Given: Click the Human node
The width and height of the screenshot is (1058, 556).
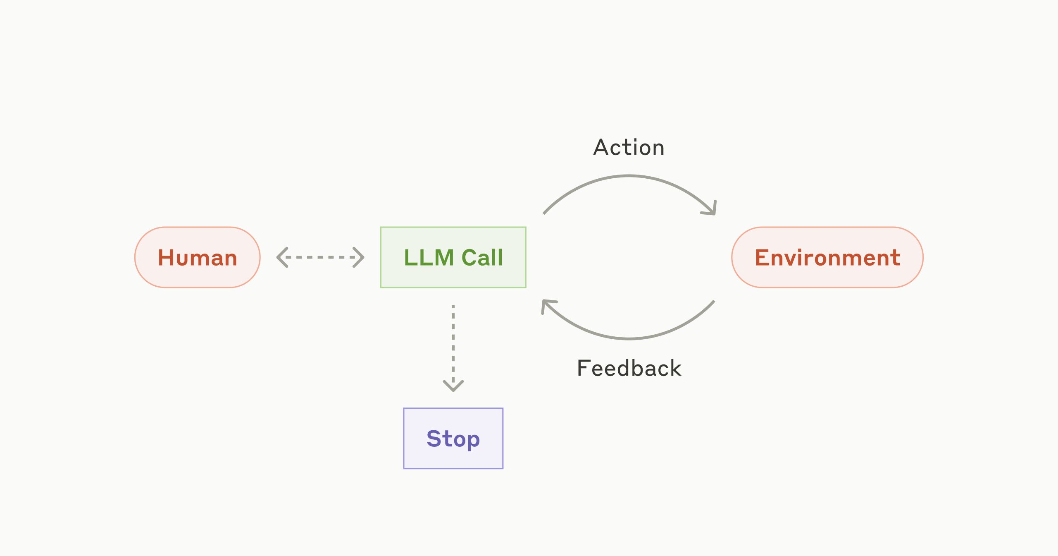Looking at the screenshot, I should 197,257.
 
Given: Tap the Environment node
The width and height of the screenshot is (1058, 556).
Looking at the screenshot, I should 827,257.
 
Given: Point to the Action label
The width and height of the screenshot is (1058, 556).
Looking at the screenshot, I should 629,148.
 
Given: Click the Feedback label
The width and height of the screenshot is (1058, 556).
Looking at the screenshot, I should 629,368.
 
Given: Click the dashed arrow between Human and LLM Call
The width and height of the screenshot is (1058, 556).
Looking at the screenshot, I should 320,257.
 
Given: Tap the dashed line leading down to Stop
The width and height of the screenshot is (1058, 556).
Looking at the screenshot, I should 453,343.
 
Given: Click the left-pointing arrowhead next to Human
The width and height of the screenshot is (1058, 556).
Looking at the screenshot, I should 282,257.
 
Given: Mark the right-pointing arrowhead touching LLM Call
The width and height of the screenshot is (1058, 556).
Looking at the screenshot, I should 359,257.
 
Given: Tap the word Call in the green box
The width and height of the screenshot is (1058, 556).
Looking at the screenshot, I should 482,257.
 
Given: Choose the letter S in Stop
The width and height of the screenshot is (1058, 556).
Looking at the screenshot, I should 434,439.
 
